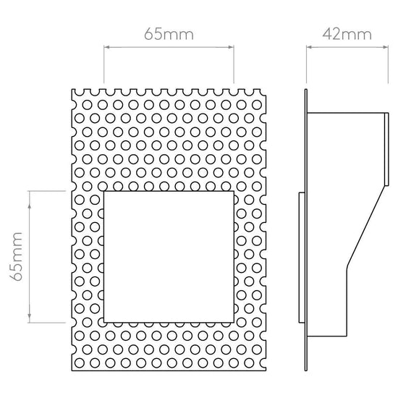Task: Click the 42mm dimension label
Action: [x=347, y=34]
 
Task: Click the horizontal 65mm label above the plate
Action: [x=169, y=34]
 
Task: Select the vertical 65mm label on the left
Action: [x=17, y=256]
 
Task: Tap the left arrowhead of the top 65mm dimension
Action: [x=106, y=47]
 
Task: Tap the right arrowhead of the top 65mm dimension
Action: [x=231, y=47]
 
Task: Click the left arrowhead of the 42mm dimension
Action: [x=309, y=47]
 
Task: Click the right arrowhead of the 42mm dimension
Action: [x=385, y=47]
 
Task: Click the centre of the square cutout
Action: [x=169, y=257]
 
